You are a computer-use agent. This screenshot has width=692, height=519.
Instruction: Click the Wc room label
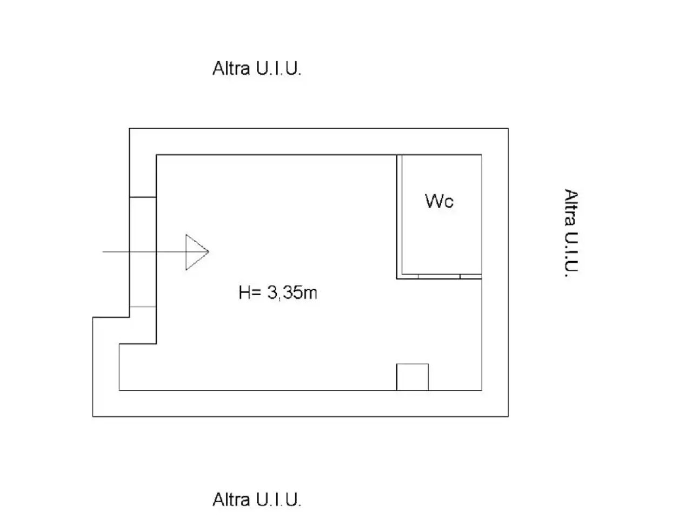point(439,201)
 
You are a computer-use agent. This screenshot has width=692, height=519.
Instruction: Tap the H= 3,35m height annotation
point(278,292)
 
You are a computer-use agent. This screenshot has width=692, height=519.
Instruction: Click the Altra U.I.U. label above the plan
point(257,68)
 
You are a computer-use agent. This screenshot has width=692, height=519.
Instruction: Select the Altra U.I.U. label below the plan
point(257,500)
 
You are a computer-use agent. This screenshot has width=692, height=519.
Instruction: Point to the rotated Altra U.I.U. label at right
point(571,233)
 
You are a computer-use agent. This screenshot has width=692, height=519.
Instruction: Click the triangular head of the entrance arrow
point(197,252)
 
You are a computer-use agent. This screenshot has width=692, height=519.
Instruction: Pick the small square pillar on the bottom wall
point(412,377)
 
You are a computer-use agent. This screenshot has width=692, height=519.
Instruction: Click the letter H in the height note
point(244,292)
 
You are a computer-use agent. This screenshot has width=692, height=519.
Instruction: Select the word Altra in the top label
point(231,68)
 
